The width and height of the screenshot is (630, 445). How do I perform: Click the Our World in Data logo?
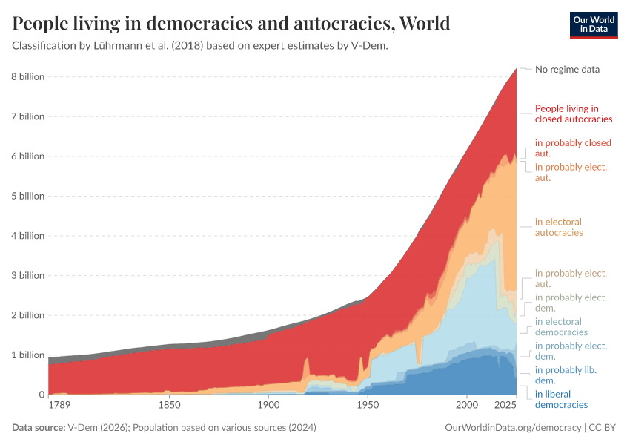[593, 24]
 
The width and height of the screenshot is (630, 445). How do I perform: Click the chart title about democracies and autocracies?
[231, 24]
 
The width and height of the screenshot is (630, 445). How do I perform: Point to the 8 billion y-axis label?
[27, 76]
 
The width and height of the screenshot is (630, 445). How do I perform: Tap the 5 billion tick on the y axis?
[27, 196]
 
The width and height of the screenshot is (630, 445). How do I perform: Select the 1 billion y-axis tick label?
[27, 355]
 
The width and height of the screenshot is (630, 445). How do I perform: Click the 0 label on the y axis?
[41, 395]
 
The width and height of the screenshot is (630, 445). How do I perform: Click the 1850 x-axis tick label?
[169, 406]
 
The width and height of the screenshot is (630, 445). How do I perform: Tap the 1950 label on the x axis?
[368, 406]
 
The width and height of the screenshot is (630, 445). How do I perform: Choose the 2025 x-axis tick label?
[505, 406]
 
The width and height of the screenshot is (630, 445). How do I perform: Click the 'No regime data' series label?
[567, 69]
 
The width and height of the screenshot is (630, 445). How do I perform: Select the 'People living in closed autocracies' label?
[573, 113]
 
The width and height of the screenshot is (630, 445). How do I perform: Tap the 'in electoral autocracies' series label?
[559, 227]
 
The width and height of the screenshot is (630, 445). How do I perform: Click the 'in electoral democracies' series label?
[561, 327]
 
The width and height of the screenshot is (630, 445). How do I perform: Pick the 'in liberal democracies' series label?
[561, 399]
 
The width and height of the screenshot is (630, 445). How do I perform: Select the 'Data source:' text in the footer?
[39, 428]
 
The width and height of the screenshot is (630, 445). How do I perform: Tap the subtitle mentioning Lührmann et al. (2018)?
[201, 46]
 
